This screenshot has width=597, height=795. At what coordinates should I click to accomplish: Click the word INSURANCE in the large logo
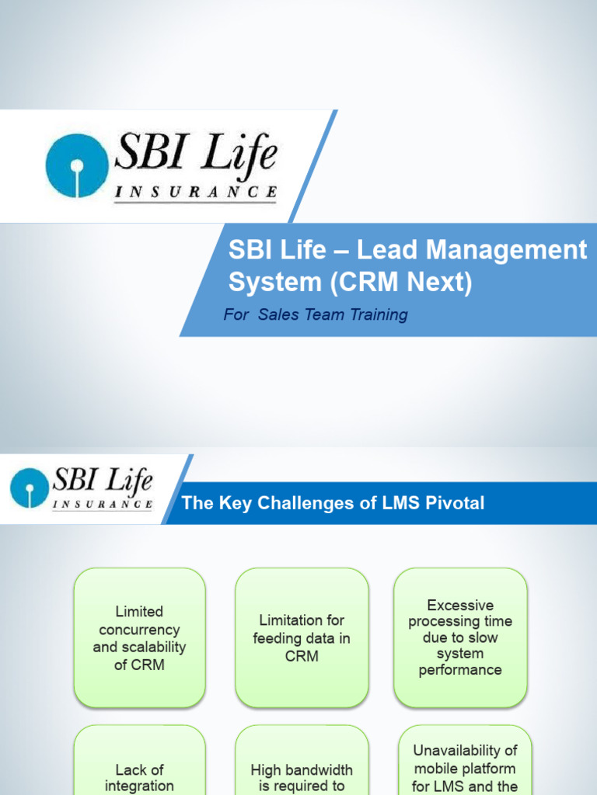(x=195, y=192)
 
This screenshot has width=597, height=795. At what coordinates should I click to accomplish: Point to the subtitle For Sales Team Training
(x=315, y=314)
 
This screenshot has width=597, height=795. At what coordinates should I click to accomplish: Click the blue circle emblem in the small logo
(x=29, y=488)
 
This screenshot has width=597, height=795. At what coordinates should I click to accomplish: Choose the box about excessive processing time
(x=460, y=637)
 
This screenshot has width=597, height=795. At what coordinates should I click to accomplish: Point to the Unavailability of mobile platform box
(x=465, y=765)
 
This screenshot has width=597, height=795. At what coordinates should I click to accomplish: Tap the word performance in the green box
(x=460, y=670)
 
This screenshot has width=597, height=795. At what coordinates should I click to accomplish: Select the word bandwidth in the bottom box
(x=319, y=769)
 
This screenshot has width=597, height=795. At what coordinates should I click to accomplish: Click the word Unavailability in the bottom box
(x=465, y=751)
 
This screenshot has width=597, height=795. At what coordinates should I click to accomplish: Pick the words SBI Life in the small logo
(x=103, y=481)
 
